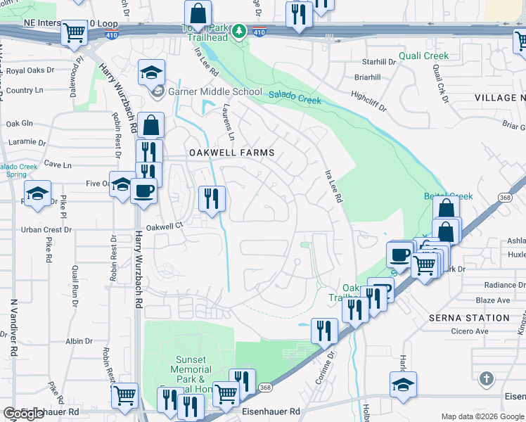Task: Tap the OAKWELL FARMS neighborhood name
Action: [230, 152]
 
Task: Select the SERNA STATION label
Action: [469, 318]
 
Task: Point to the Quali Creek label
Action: [423, 56]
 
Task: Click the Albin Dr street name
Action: [75, 340]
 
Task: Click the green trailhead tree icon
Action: [239, 31]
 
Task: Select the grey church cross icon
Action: [485, 380]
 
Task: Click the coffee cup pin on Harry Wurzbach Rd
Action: [143, 190]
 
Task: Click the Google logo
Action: [23, 414]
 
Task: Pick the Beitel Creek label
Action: [448, 196]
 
